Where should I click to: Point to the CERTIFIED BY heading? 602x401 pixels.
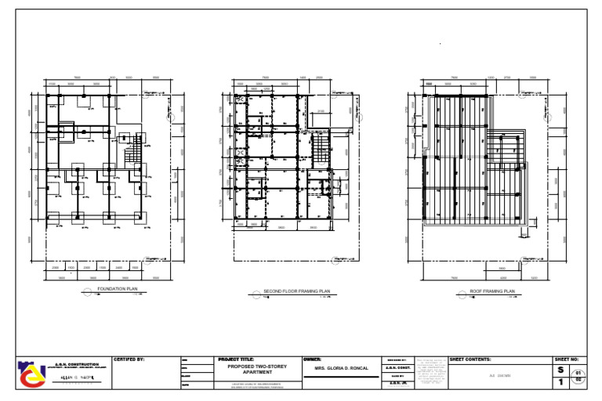129,359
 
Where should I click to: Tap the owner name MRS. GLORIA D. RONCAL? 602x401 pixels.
340,367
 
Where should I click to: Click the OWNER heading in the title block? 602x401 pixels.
313,359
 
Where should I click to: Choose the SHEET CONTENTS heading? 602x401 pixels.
470,359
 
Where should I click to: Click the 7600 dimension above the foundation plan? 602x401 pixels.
77,78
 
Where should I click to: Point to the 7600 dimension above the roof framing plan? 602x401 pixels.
455,78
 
